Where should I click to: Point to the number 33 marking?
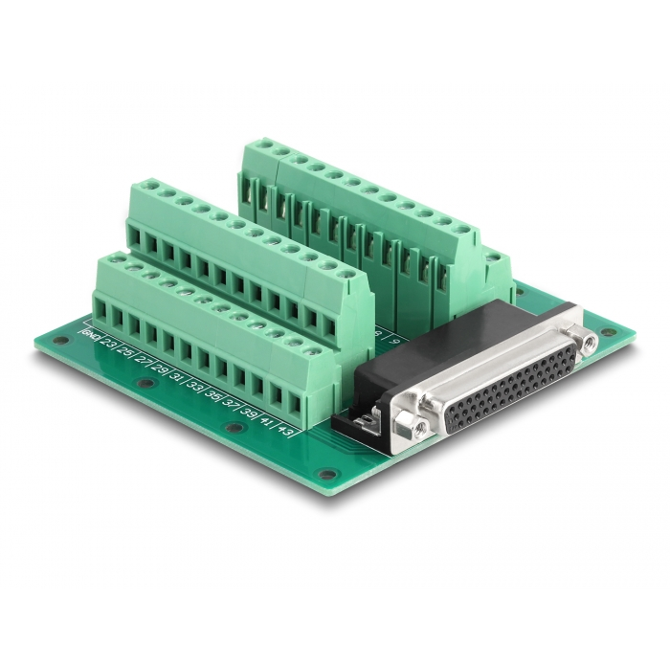coord(196,386)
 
